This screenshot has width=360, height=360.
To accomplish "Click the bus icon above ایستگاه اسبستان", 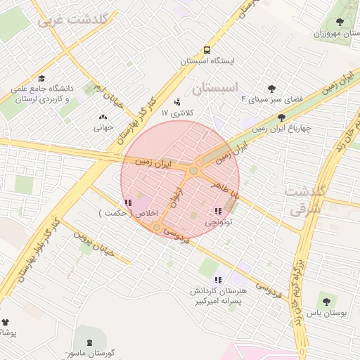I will tap(207, 51).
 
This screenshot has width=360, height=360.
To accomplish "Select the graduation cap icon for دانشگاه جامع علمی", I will tap(41, 78).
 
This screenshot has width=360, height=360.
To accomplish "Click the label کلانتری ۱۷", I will tap(176, 112).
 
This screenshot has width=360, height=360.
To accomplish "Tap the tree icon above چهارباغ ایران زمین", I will tap(281, 117).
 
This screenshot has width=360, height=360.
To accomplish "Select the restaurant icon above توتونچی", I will tap(218, 210).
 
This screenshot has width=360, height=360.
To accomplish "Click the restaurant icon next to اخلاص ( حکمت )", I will tap(127, 203).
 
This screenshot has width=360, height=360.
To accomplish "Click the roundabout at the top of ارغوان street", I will tap(193, 170).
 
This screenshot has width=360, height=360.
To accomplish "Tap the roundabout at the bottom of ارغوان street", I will tap(156, 227).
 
